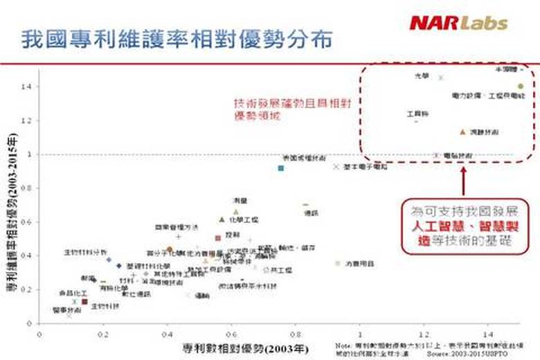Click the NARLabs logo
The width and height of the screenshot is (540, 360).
tap(458, 23)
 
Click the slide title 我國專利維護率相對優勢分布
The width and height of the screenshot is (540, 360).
tap(177, 39)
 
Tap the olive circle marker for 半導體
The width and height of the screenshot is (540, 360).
tap(520, 87)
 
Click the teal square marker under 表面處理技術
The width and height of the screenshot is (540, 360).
tap(281, 168)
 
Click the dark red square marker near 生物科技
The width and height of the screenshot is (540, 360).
tap(84, 301)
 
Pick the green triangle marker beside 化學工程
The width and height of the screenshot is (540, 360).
tap(222, 219)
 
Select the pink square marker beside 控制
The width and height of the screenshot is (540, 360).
tap(218, 237)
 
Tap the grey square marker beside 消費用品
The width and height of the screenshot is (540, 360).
tap(338, 263)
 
